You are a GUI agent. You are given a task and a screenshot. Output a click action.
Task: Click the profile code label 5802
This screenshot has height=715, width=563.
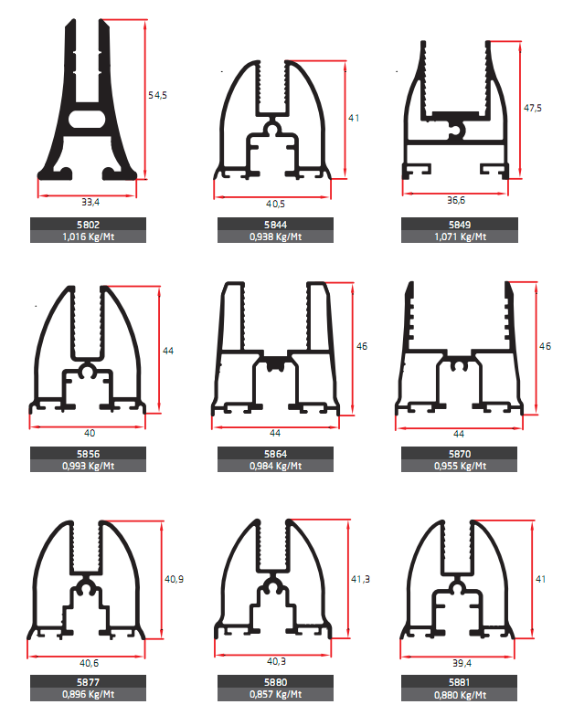coord(88,225)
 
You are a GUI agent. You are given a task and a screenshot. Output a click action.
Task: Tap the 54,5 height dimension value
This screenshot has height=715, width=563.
coord(157,95)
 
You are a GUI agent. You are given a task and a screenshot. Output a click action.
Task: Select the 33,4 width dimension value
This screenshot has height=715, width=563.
coord(90,202)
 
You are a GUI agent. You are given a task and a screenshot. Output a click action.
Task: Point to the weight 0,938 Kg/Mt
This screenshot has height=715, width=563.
coord(276,237)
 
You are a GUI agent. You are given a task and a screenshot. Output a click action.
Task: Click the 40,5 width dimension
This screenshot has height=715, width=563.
coord(276,204)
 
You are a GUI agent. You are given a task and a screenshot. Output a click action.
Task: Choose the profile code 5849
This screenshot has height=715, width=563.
coord(460,225)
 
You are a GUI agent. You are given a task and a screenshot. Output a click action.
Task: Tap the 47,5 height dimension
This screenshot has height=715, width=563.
coord(533,108)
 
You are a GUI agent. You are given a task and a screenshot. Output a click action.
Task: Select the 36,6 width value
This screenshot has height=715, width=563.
coord(456,200)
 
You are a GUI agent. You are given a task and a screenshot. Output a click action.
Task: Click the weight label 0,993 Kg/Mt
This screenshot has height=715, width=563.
coord(88,466)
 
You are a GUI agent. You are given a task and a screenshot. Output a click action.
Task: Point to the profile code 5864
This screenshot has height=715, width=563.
coord(275,454)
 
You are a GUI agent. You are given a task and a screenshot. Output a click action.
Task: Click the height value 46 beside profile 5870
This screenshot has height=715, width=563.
coord(546,346)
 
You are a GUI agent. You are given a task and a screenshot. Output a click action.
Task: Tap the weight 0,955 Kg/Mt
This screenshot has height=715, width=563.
coord(460,466)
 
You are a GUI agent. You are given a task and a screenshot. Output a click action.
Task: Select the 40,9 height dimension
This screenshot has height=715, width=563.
coord(174,579)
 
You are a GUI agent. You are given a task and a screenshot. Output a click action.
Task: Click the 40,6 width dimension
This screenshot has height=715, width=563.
coord(89,663)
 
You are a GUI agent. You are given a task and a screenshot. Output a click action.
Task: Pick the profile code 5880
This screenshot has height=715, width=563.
coord(275,682)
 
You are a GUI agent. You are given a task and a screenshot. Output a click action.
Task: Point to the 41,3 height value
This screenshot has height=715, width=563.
coord(360,579)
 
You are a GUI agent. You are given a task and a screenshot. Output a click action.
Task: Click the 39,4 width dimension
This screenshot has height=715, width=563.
coord(462,663)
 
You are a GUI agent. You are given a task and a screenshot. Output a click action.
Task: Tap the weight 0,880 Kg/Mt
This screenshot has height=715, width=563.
coord(460,695)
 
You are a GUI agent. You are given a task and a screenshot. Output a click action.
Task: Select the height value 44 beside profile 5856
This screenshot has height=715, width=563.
coord(168,351)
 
